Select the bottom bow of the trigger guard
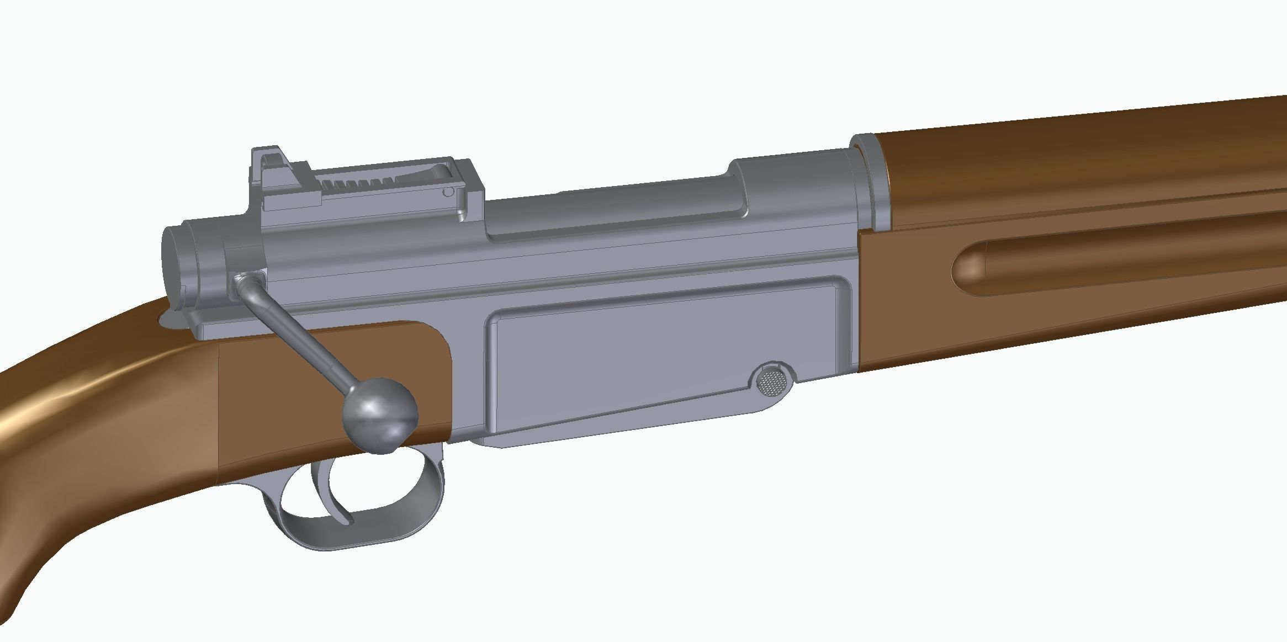(x=353, y=538)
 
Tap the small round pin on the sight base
(x=448, y=192)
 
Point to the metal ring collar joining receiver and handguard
(x=871, y=182)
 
